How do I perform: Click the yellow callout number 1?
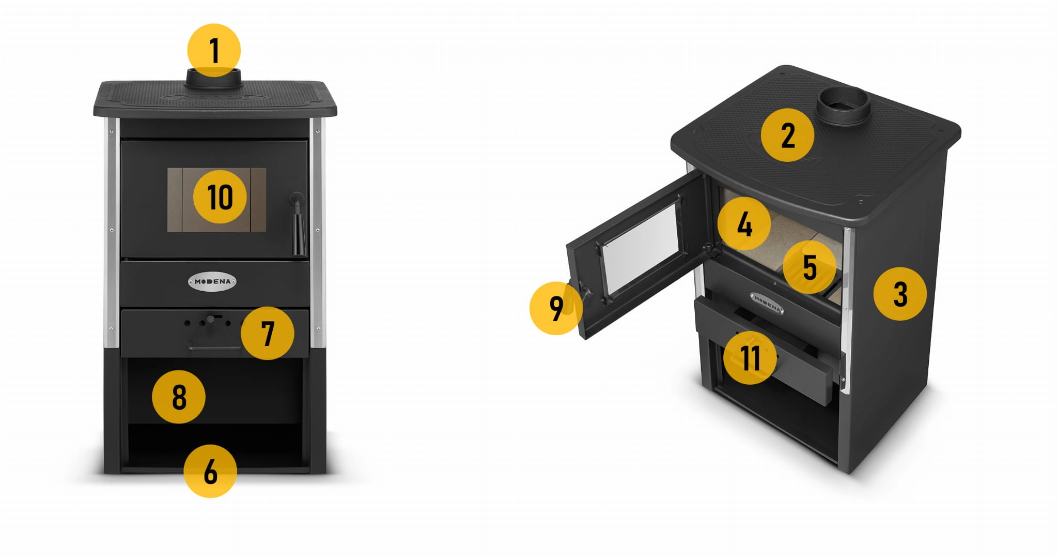point(214,50)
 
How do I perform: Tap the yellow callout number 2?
point(788,135)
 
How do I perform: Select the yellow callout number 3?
point(900,294)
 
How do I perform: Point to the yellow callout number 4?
point(744,223)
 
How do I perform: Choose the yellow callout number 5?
point(810,267)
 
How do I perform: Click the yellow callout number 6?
point(210,471)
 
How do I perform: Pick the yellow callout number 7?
point(268,333)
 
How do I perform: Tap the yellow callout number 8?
point(179,397)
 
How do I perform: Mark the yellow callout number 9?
point(556,308)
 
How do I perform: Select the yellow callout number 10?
point(220,197)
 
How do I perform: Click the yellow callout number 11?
point(750,357)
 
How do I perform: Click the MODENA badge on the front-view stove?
point(212,282)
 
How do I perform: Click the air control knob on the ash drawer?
point(211,319)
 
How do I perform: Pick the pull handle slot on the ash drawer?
point(215,348)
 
